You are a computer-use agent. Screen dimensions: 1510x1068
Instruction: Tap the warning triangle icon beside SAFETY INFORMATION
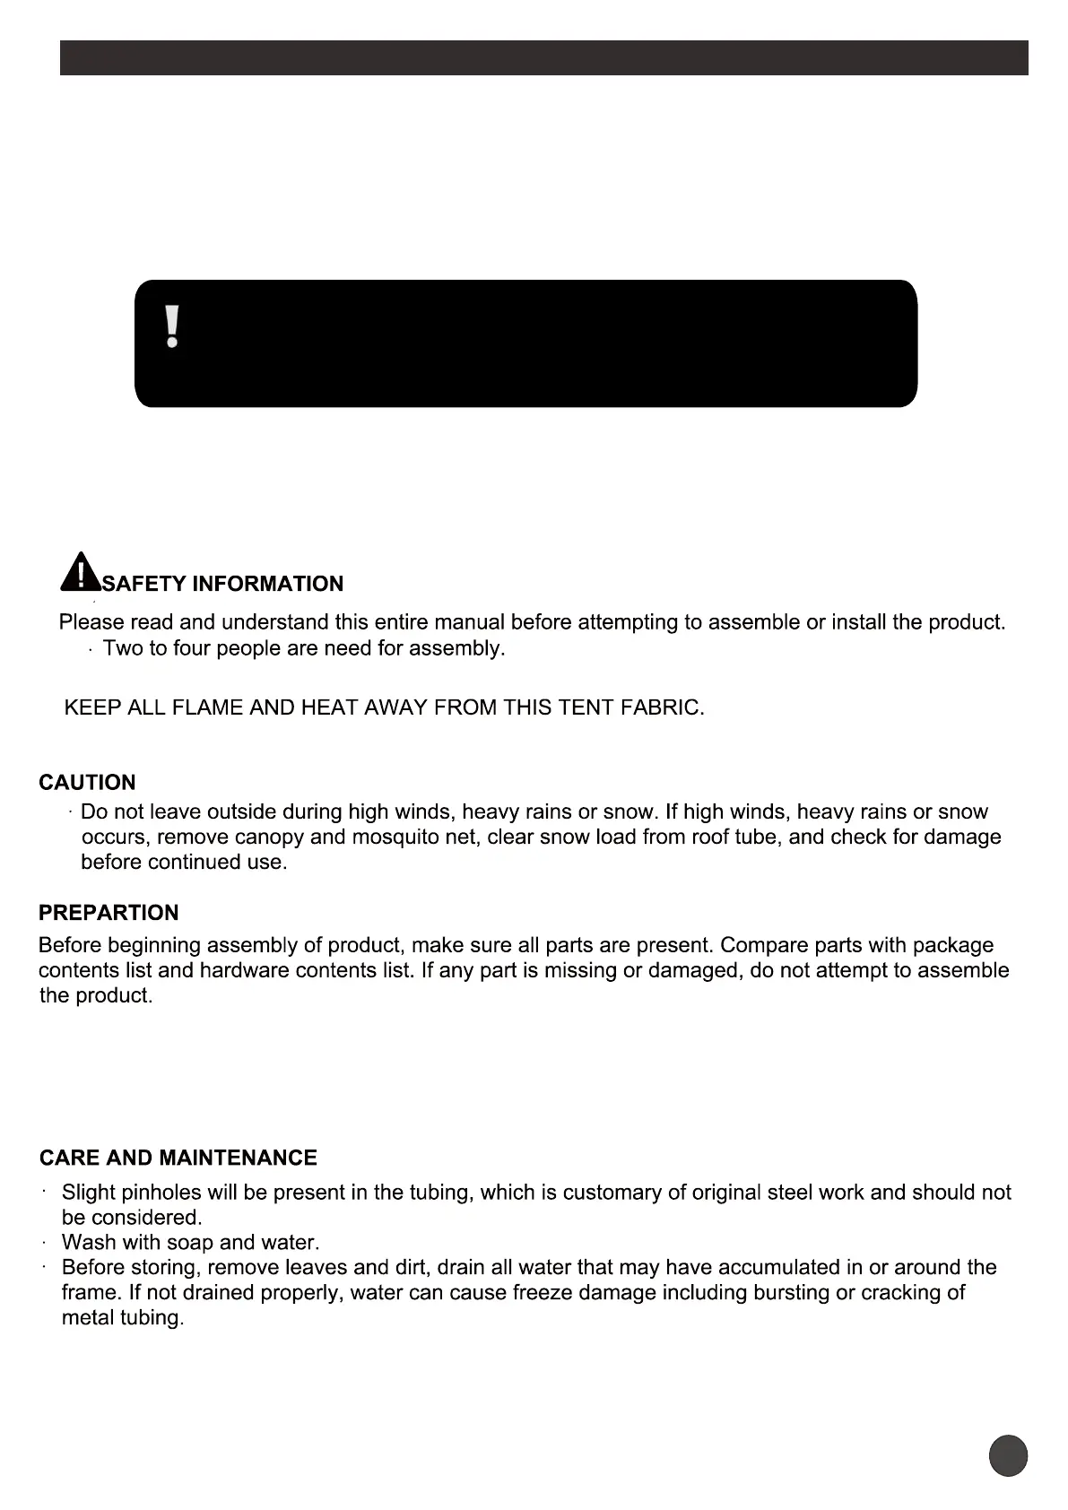pyautogui.click(x=81, y=572)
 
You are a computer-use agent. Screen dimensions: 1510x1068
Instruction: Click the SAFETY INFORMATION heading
pyautogui.click(x=223, y=584)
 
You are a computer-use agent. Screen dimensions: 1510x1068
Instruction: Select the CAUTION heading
pyautogui.click(x=87, y=782)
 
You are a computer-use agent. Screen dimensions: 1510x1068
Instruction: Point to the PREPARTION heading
pyautogui.click(x=109, y=913)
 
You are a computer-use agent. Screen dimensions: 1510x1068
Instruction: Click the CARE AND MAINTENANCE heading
pyautogui.click(x=178, y=1158)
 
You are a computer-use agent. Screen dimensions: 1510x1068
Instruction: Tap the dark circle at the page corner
pyautogui.click(x=1008, y=1454)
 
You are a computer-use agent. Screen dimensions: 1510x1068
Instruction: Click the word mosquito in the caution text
pyautogui.click(x=395, y=837)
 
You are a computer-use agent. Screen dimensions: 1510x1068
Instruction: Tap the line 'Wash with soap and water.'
pyautogui.click(x=190, y=1242)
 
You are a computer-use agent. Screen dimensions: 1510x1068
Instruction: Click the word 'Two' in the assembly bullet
pyautogui.click(x=122, y=647)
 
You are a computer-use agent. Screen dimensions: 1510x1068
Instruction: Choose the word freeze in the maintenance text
pyautogui.click(x=517, y=1292)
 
